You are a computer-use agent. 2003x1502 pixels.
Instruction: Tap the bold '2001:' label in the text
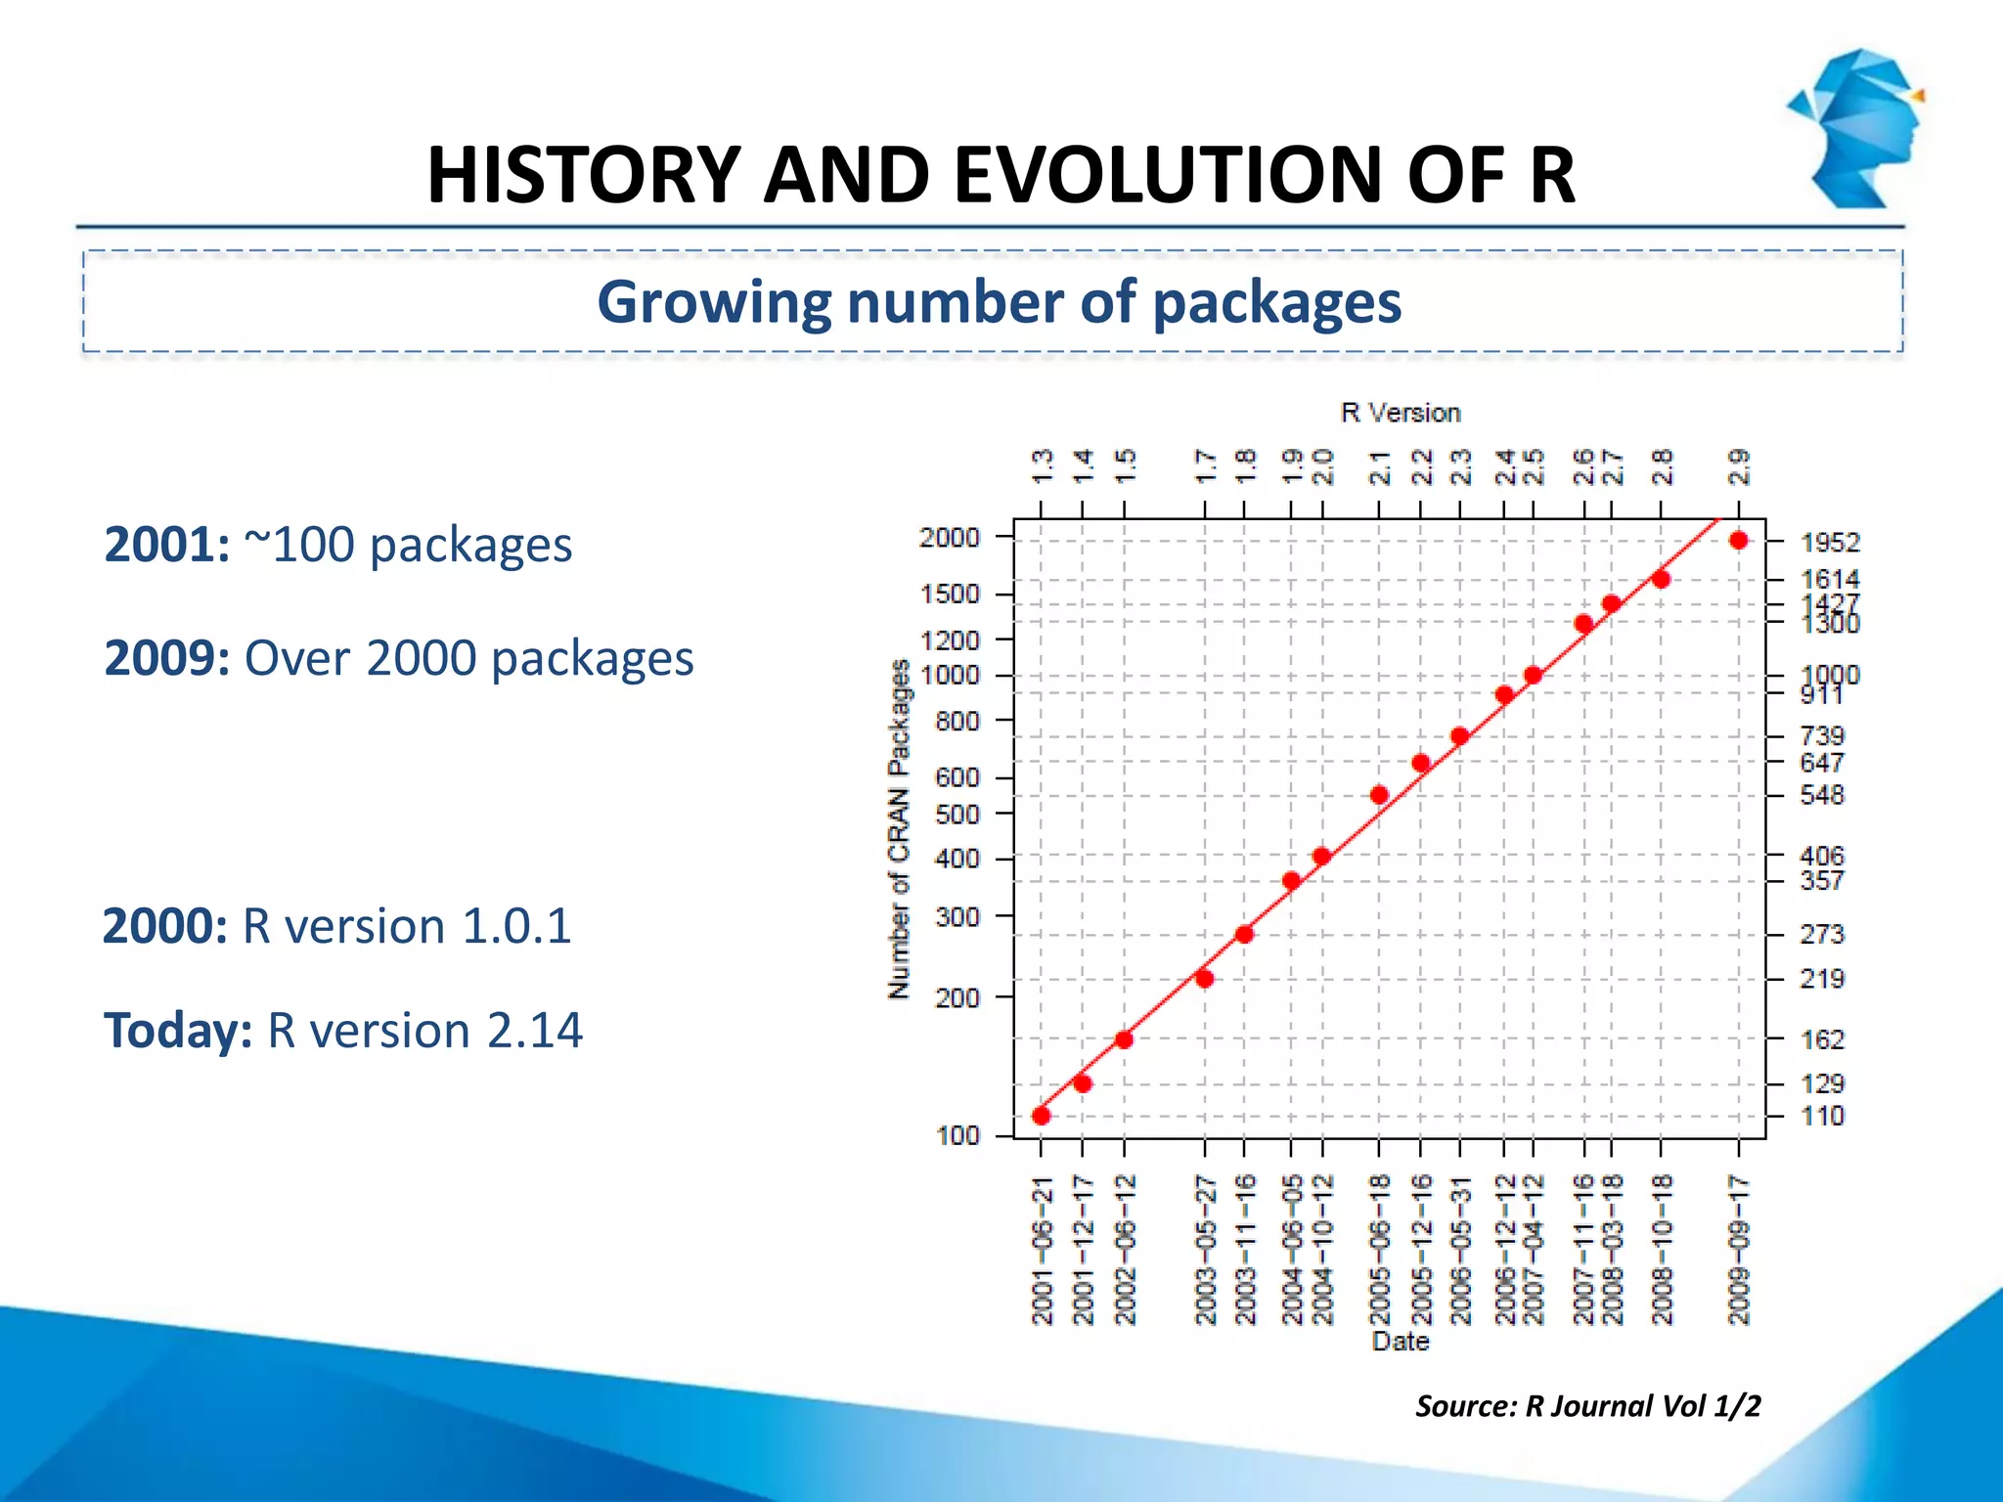point(166,545)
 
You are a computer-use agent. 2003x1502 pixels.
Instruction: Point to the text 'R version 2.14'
point(424,1031)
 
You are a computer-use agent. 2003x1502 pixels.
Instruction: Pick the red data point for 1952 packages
point(1738,541)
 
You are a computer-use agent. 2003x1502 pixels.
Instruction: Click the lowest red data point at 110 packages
point(1041,1116)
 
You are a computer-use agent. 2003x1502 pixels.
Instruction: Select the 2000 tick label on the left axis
point(949,537)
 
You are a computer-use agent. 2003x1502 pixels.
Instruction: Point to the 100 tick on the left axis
point(957,1135)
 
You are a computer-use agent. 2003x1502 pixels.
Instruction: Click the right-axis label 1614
point(1829,579)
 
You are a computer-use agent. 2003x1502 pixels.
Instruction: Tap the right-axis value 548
point(1821,795)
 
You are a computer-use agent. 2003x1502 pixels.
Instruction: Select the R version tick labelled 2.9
point(1738,466)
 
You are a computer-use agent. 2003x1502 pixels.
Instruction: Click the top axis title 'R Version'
point(1400,413)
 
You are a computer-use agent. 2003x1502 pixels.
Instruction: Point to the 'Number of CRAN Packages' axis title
point(899,829)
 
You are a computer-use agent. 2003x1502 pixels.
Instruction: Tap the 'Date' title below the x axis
point(1400,1341)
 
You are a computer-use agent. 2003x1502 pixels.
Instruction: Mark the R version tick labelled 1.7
point(1205,466)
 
